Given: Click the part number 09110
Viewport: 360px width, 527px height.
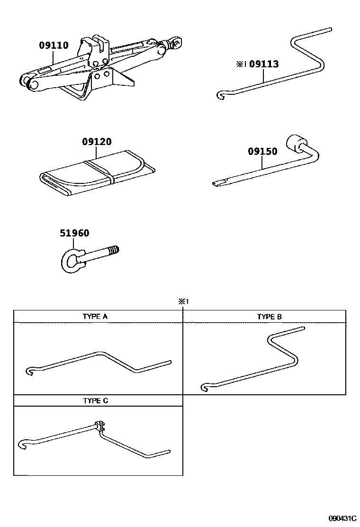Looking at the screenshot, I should (54, 45).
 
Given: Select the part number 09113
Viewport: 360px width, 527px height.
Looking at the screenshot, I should (264, 64).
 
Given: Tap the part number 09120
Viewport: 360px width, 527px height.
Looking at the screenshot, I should (96, 141).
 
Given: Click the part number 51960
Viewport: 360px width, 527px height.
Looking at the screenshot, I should (74, 233).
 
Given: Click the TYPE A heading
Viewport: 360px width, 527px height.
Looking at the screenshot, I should (98, 316).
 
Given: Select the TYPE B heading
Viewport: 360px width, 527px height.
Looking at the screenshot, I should (269, 316).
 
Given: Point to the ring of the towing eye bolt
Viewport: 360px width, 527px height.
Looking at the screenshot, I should (72, 260).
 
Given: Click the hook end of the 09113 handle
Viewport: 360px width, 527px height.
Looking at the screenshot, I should (220, 96).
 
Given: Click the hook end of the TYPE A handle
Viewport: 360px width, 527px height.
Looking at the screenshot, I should (29, 370).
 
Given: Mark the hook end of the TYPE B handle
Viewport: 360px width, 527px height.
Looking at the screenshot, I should (205, 388).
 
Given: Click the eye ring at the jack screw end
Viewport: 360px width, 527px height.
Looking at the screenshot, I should (177, 43).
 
